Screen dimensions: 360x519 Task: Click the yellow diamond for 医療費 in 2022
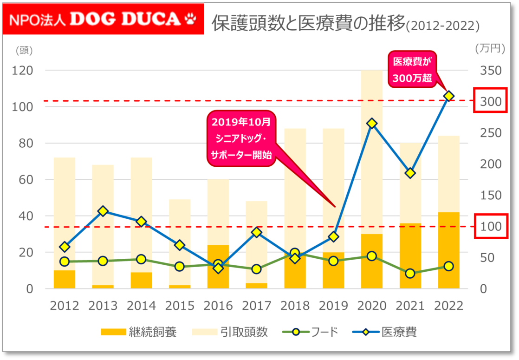point(448,96)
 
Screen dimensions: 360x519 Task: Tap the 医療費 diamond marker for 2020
point(371,123)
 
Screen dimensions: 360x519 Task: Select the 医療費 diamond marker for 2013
point(103,211)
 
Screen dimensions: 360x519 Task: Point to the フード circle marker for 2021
point(410,273)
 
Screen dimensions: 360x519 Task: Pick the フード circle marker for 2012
point(65,262)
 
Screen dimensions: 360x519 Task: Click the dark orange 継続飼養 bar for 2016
point(218,267)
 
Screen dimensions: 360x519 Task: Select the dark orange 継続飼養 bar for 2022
point(448,250)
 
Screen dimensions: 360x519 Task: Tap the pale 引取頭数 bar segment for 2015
point(180,242)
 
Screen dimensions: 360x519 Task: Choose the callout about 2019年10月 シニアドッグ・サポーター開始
point(240,138)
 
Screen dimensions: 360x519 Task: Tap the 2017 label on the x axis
point(257,306)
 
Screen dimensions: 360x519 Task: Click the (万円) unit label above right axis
point(490,48)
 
